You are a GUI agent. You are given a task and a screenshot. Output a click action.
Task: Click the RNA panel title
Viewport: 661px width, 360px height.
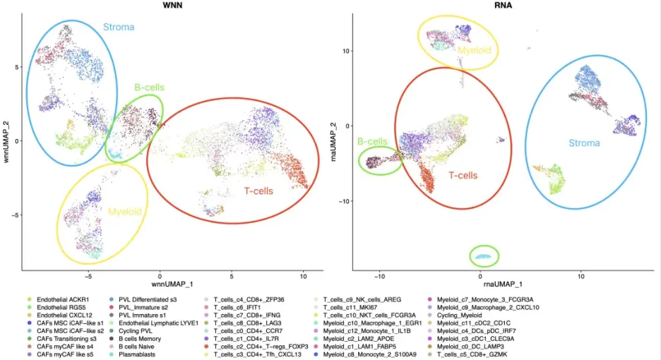[495, 6]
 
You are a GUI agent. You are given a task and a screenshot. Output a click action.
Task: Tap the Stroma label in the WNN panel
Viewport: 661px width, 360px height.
[120, 28]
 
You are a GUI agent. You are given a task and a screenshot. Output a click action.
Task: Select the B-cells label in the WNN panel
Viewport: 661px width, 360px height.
[149, 88]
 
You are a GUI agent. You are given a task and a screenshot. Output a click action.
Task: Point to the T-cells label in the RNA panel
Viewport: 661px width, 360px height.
[463, 175]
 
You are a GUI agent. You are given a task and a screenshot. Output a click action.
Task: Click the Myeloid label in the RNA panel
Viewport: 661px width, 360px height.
[473, 50]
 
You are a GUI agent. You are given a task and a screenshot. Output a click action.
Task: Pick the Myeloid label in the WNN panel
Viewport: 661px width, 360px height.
[124, 212]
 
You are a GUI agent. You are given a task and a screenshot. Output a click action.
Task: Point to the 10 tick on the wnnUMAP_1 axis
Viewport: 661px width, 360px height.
[303, 275]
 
